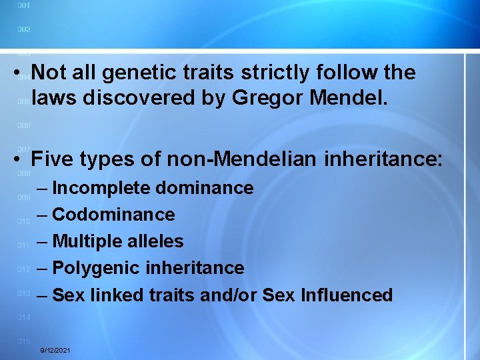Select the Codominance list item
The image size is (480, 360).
113,215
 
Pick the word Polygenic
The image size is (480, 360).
93,268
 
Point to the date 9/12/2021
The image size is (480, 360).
56,351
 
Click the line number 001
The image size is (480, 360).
23,5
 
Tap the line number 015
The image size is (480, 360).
23,341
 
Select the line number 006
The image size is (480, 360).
23,125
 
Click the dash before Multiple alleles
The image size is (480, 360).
43,241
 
